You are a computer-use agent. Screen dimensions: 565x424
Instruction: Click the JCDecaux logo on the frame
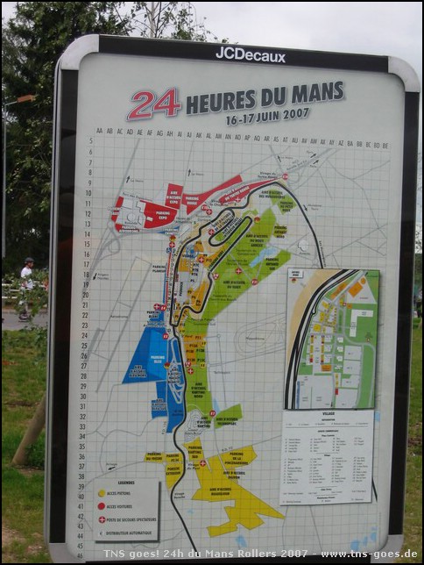pyautogui.click(x=250, y=54)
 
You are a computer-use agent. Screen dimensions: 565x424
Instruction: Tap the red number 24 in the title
pyautogui.click(x=154, y=104)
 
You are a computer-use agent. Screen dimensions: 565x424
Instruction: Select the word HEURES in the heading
pyautogui.click(x=220, y=99)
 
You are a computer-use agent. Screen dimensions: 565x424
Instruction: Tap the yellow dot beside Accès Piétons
pyautogui.click(x=102, y=494)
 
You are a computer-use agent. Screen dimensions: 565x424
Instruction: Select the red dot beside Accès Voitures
pyautogui.click(x=102, y=506)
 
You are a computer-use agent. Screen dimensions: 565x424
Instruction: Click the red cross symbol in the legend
pyautogui.click(x=102, y=519)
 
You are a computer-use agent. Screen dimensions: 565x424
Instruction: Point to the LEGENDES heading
pyautogui.click(x=125, y=483)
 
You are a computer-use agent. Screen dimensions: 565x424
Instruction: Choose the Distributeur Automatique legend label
pyautogui.click(x=131, y=533)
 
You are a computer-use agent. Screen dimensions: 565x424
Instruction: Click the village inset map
pyautogui.click(x=333, y=339)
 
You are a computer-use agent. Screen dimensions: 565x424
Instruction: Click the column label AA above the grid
pyautogui.click(x=100, y=132)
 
